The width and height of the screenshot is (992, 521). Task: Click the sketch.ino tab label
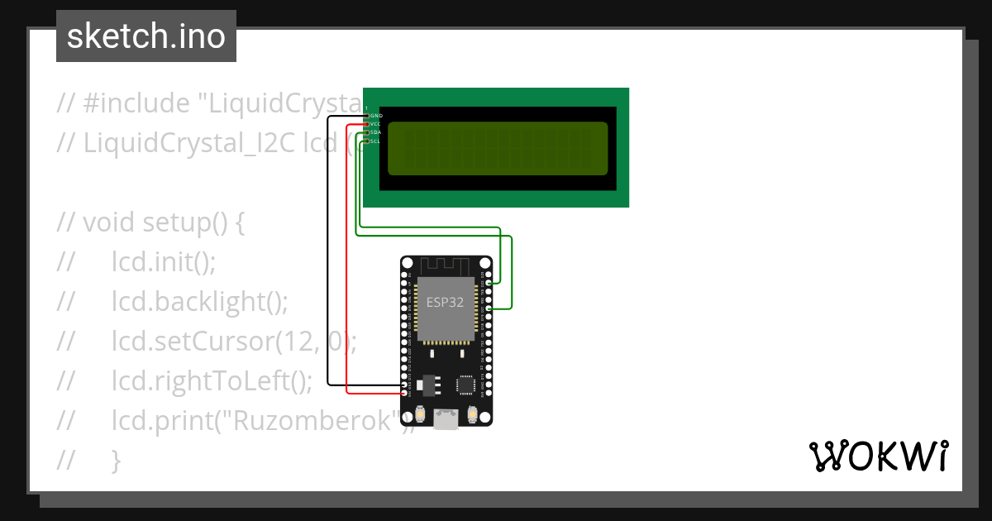146,36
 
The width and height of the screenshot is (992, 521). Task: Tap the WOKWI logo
878,456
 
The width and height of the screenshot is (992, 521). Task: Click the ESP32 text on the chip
445,303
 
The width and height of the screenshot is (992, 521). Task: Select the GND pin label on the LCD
376,116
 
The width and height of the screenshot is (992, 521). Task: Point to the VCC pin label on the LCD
375,124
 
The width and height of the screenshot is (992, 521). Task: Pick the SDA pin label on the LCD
375,132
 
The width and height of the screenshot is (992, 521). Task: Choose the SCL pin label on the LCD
375,141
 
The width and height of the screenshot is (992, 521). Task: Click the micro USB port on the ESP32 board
446,419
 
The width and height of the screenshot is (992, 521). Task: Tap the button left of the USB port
421,413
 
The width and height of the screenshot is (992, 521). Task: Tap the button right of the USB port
472,413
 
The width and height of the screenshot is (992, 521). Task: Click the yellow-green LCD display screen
498,149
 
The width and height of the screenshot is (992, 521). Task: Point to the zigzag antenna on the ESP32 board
446,265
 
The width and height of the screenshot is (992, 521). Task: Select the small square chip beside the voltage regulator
466,384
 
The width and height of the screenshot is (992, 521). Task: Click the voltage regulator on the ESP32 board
427,384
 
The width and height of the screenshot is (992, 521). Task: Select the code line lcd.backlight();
200,303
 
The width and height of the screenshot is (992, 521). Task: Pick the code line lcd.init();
164,263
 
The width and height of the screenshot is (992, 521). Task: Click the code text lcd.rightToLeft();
212,381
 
